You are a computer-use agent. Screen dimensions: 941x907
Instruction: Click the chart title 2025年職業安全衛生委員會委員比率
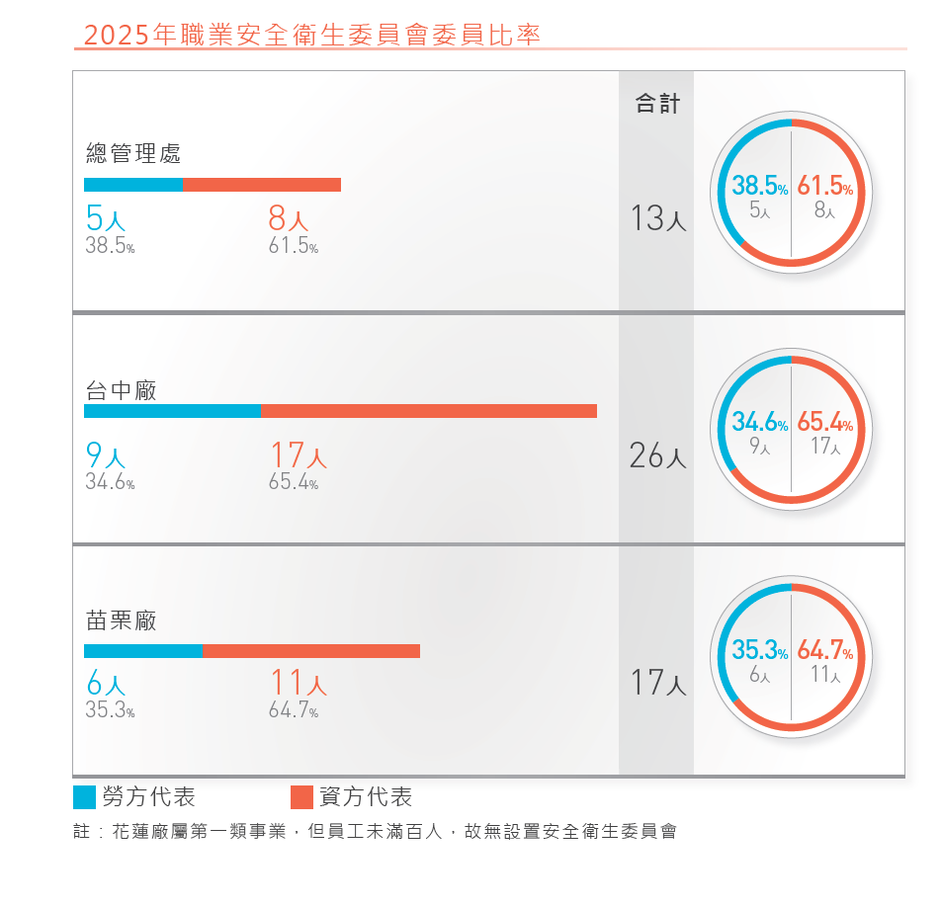pyautogui.click(x=312, y=35)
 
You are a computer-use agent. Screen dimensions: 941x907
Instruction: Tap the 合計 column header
pyautogui.click(x=657, y=103)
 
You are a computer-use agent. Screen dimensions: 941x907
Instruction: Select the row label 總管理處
pyautogui.click(x=133, y=153)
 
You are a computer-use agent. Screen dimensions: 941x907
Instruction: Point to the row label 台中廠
pyautogui.click(x=122, y=390)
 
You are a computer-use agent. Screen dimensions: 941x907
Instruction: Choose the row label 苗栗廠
pyautogui.click(x=122, y=620)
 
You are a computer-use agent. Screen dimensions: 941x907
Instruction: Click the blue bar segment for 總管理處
pyautogui.click(x=133, y=185)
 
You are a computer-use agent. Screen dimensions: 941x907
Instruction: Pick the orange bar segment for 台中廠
pyautogui.click(x=429, y=411)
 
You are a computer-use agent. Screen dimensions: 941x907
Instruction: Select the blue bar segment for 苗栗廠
pyautogui.click(x=143, y=651)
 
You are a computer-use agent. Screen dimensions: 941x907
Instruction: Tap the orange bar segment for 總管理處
pyautogui.click(x=262, y=185)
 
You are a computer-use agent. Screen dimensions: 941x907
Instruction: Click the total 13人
pyautogui.click(x=657, y=217)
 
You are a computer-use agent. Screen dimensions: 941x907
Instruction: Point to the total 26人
pyautogui.click(x=657, y=455)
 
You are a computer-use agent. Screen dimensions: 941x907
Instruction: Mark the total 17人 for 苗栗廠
pyautogui.click(x=657, y=683)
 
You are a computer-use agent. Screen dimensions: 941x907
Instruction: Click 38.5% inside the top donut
pyautogui.click(x=760, y=186)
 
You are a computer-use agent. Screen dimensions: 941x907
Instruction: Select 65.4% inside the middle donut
pyautogui.click(x=825, y=422)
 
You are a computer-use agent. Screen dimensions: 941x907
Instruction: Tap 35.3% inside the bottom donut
pyautogui.click(x=760, y=650)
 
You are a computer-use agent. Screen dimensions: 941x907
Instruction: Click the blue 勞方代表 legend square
pyautogui.click(x=85, y=797)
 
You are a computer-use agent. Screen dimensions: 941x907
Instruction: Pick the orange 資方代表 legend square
pyautogui.click(x=301, y=797)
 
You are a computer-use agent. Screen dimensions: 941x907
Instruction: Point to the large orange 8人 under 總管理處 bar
pyautogui.click(x=288, y=217)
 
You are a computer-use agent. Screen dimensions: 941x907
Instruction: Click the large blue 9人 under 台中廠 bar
pyautogui.click(x=106, y=454)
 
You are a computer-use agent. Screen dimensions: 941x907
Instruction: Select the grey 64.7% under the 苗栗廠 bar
pyautogui.click(x=294, y=709)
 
